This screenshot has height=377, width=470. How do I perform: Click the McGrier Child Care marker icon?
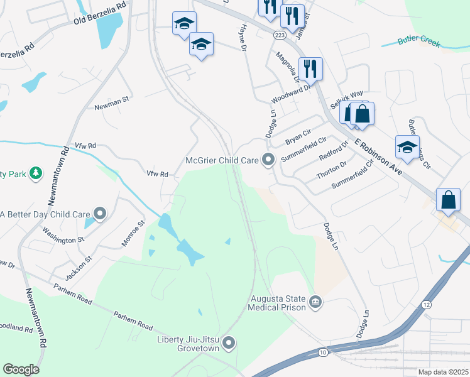[x=268, y=160]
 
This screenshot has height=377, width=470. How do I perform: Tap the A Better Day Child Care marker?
[x=99, y=214]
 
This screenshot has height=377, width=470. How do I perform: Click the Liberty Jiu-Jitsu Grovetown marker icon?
[x=229, y=343]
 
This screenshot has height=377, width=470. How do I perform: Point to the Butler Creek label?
[x=419, y=43]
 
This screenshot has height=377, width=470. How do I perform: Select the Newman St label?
[x=111, y=99]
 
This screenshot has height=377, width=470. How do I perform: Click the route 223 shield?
[x=280, y=36]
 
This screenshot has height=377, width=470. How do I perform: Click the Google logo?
[x=21, y=369]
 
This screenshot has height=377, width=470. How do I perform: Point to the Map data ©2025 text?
[x=443, y=372]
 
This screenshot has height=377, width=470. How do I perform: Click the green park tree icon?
[x=36, y=172]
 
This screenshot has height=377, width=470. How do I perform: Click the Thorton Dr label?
[x=332, y=170]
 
